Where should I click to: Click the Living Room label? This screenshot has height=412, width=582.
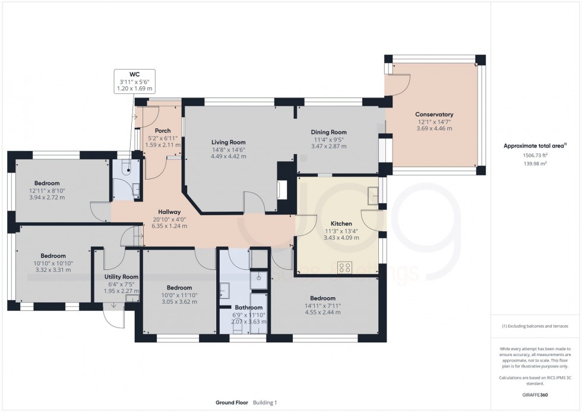(x=229, y=142)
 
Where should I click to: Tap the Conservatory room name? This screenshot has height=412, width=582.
(x=434, y=114)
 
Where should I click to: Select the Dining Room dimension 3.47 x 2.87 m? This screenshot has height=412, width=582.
(x=328, y=146)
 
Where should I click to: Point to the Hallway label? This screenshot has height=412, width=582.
(x=169, y=212)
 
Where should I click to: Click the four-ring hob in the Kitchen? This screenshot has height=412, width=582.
(x=344, y=268)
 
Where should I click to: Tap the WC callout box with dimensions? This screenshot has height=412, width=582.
(x=134, y=81)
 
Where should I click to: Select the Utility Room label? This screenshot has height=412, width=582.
(x=121, y=277)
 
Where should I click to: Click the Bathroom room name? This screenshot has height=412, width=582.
(x=248, y=307)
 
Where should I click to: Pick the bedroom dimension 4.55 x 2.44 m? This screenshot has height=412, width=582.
(x=322, y=312)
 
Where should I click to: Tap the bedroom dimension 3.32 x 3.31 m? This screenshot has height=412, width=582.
(x=45, y=269)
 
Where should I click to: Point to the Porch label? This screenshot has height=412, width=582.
(x=162, y=131)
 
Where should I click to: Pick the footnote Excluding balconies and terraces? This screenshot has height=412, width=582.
(x=535, y=326)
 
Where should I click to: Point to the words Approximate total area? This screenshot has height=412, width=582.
(x=534, y=146)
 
